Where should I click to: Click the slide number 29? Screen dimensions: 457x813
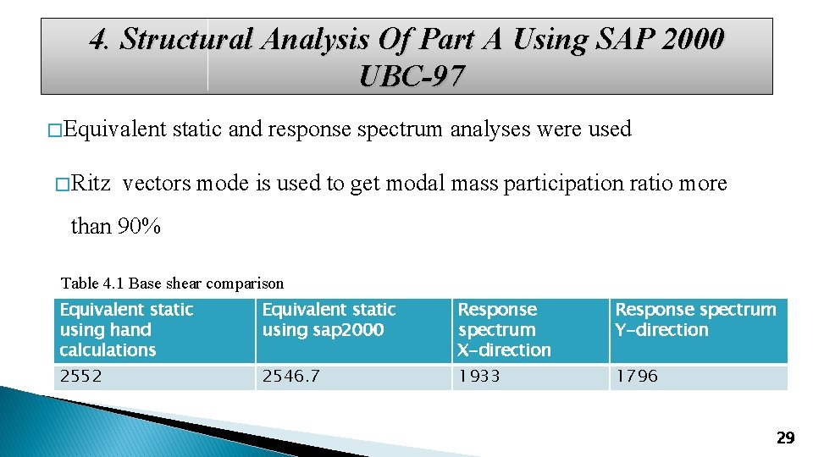(x=785, y=438)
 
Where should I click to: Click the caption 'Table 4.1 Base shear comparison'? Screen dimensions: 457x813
(x=172, y=284)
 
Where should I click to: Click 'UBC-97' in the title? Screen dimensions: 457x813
(x=412, y=77)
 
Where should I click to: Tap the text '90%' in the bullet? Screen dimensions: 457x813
(x=140, y=226)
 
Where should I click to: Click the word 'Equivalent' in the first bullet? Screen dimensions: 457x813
(x=114, y=129)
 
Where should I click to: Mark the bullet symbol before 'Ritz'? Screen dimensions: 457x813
(x=60, y=184)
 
